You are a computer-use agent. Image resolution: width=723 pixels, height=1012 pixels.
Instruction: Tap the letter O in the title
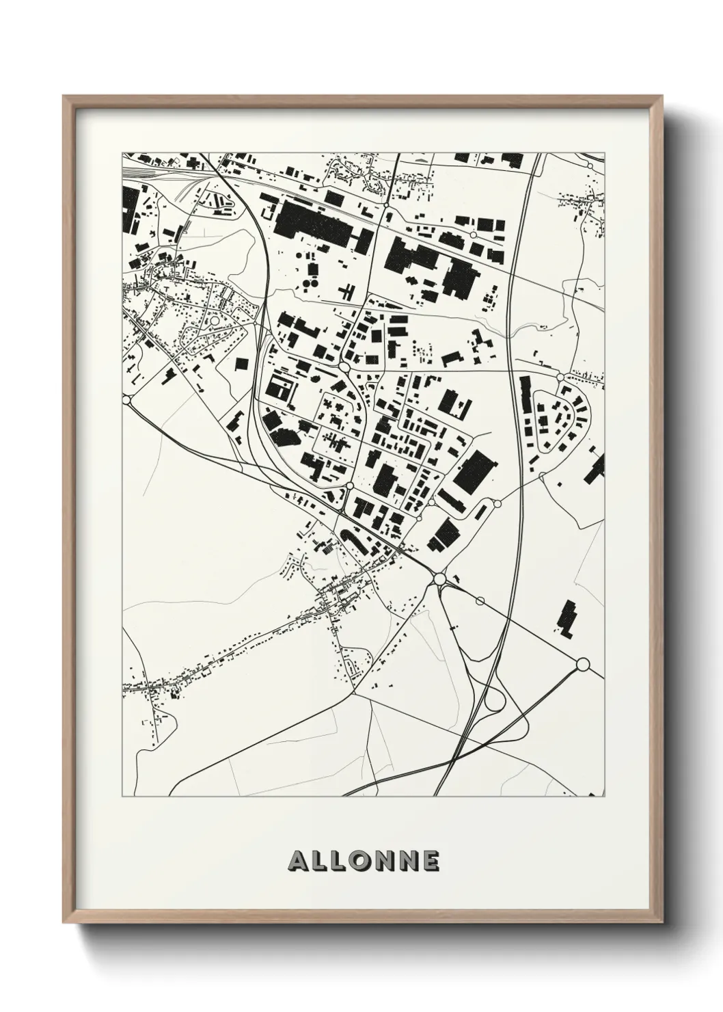363,861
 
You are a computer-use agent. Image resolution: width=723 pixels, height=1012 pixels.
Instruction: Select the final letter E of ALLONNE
431,861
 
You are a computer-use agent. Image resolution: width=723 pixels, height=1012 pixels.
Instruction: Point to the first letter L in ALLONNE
320,861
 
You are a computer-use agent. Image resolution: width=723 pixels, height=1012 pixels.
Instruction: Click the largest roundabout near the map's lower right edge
583,663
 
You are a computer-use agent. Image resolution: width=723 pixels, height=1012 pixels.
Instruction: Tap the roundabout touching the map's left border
126,399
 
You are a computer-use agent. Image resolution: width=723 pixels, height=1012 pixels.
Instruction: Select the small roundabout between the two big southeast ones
480,601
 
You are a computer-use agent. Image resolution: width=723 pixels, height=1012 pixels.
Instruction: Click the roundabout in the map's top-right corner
590,165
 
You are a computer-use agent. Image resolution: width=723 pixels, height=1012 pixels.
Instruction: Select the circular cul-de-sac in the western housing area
215,320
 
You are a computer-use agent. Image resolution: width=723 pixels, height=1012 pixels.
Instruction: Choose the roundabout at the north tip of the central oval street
345,368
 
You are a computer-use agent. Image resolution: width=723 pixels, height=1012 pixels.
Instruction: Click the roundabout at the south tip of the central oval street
350,485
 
